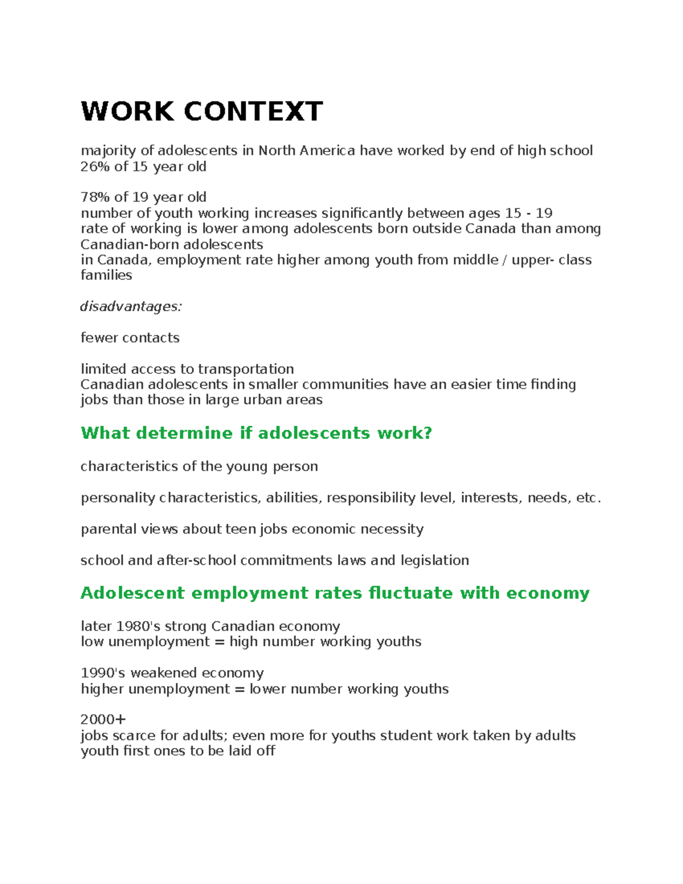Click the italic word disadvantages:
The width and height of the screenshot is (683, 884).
[x=131, y=306]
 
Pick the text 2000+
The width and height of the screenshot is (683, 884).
[x=103, y=719]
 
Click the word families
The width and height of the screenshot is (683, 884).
[x=106, y=276]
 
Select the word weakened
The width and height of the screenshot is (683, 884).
[x=164, y=673]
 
